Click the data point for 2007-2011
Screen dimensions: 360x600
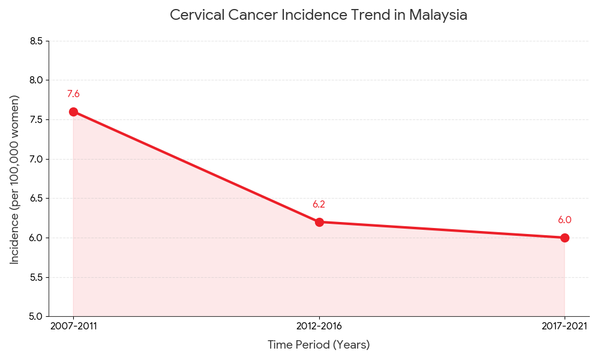pyautogui.click(x=73, y=112)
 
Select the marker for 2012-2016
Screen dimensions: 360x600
pyautogui.click(x=319, y=222)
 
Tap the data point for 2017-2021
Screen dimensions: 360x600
pyautogui.click(x=565, y=238)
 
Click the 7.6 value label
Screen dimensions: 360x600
pyautogui.click(x=73, y=94)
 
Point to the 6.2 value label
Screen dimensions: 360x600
pyautogui.click(x=319, y=205)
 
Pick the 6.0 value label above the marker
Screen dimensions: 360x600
pyautogui.click(x=565, y=220)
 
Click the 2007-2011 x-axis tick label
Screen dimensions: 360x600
pyautogui.click(x=73, y=326)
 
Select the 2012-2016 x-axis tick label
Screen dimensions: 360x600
pyautogui.click(x=319, y=326)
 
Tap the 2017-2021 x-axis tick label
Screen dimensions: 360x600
pyautogui.click(x=565, y=326)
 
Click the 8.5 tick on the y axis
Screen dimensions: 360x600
pyautogui.click(x=36, y=41)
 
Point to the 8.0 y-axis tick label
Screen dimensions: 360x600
pyautogui.click(x=36, y=80)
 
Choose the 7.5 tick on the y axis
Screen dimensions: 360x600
pyautogui.click(x=36, y=119)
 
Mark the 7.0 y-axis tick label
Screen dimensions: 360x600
pyautogui.click(x=36, y=159)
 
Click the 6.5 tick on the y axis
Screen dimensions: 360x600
pyautogui.click(x=36, y=199)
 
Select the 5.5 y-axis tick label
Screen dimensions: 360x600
pyautogui.click(x=36, y=277)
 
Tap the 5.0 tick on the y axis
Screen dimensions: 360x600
pyautogui.click(x=36, y=316)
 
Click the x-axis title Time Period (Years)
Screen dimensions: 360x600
pyautogui.click(x=319, y=345)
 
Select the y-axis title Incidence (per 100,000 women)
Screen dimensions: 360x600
pyautogui.click(x=15, y=179)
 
